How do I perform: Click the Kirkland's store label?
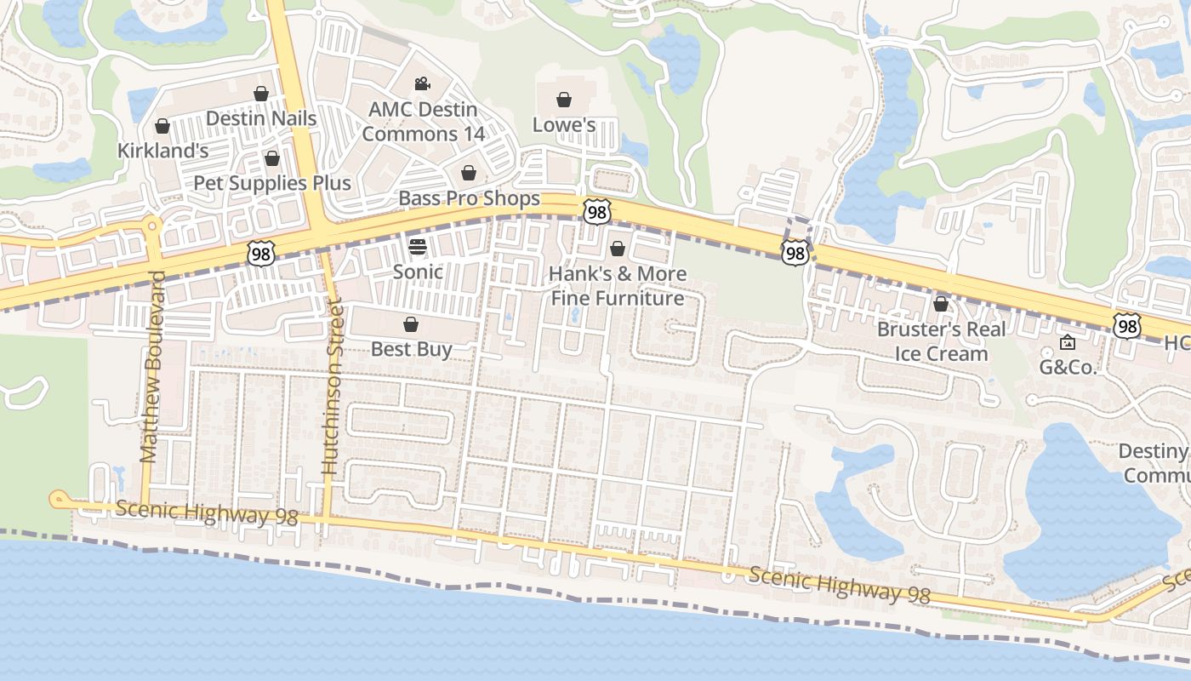(x=162, y=151)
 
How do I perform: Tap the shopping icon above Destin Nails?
(x=261, y=94)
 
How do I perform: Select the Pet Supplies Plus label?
(x=271, y=183)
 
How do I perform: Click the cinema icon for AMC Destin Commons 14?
(x=421, y=83)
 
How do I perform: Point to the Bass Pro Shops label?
(x=469, y=198)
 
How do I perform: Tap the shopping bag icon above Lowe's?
(x=563, y=100)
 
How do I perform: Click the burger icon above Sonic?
(x=417, y=247)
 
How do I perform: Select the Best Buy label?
(x=411, y=349)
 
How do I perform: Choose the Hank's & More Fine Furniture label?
(x=617, y=286)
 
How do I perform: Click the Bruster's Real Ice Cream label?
(x=941, y=341)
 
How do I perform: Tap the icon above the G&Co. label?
(x=1067, y=342)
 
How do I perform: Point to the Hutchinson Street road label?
(x=332, y=387)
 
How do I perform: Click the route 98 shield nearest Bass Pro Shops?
(x=596, y=212)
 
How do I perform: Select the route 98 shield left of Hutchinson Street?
(x=261, y=252)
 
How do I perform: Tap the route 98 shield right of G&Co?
(x=1126, y=325)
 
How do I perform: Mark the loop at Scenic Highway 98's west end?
(x=59, y=500)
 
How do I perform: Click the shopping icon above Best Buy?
(x=411, y=324)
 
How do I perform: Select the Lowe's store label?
(x=563, y=125)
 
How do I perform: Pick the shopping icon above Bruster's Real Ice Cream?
(x=941, y=304)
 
